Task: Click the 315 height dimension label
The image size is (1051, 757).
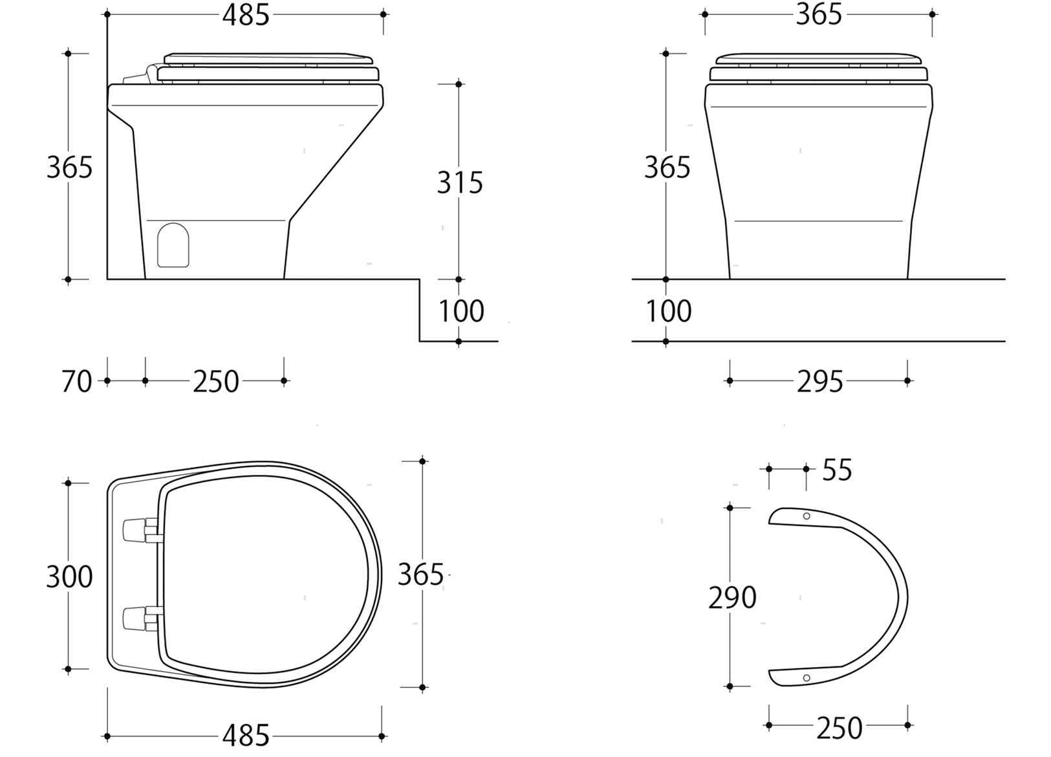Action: click(460, 183)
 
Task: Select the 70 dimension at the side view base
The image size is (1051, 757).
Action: click(76, 382)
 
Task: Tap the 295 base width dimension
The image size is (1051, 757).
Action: click(819, 382)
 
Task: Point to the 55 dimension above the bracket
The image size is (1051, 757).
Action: click(837, 470)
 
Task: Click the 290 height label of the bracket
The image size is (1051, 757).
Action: click(732, 598)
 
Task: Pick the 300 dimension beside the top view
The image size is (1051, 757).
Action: click(69, 576)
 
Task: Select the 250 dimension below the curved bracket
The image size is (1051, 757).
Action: click(839, 728)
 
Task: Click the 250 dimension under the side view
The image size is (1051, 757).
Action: click(215, 382)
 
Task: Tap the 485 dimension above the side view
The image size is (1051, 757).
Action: click(245, 15)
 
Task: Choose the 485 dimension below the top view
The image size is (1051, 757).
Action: click(245, 736)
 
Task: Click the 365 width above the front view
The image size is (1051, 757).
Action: click(818, 15)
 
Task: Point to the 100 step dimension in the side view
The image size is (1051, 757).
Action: click(461, 311)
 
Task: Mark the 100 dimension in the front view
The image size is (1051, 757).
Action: click(669, 311)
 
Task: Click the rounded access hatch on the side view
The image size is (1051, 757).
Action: click(173, 245)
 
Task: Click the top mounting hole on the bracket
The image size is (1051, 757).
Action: click(806, 516)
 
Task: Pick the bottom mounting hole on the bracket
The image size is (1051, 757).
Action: click(806, 677)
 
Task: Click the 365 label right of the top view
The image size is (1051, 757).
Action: click(420, 575)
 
